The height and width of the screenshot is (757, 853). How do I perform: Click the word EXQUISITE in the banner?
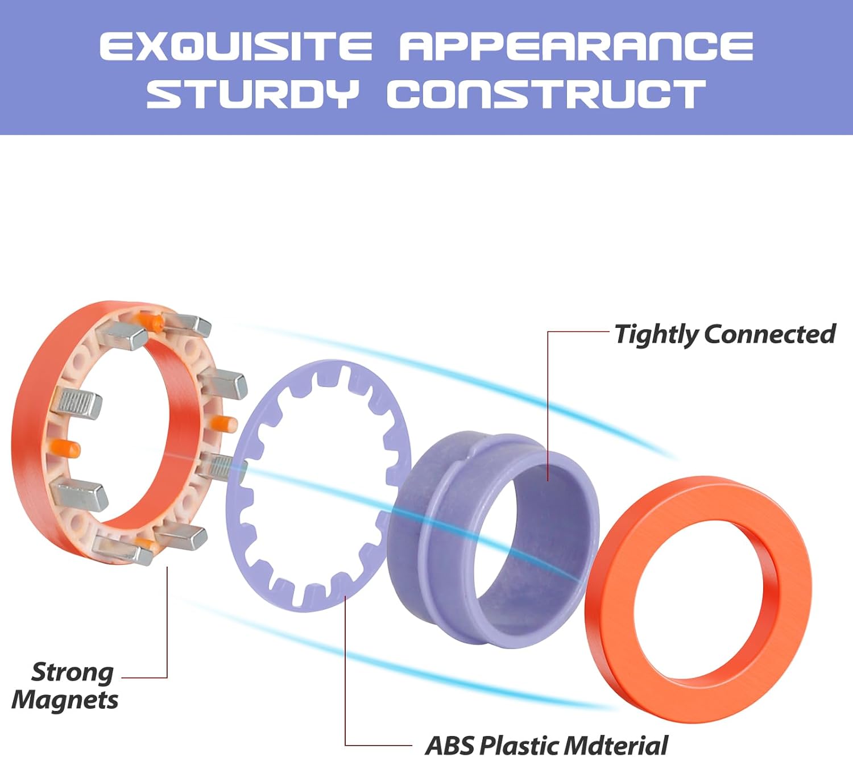coord(236,46)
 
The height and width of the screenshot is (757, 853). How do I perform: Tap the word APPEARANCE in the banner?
coord(576,46)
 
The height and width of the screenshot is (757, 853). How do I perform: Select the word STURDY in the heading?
coord(252,94)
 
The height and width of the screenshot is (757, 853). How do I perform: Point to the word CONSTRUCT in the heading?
coord(546,94)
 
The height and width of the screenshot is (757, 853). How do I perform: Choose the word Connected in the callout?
coord(769,335)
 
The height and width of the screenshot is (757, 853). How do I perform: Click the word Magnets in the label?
coord(65,701)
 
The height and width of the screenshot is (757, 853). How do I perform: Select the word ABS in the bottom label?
coord(450,746)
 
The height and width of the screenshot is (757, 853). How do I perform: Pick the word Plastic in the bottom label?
coord(519,746)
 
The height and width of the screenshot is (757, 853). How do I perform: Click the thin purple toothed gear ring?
coord(318,486)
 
